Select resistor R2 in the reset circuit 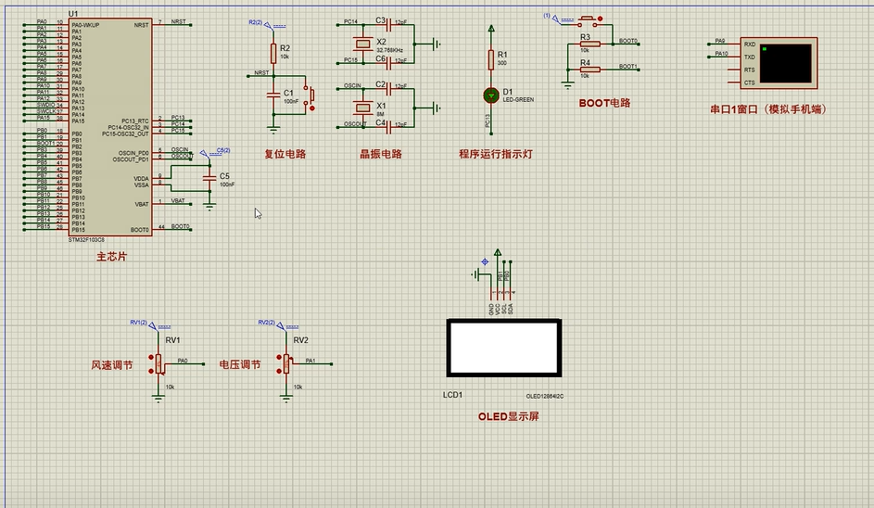coord(273,52)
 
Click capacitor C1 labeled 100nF coord(273,93)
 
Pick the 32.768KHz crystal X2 coord(363,44)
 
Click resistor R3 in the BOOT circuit coord(589,43)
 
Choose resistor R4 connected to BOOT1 coord(589,69)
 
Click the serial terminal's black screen coord(786,62)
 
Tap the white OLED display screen coord(503,348)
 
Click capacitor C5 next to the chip coord(210,175)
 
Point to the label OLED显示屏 coord(508,416)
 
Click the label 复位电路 coord(285,155)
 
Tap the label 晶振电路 coord(381,155)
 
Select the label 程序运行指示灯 coord(495,155)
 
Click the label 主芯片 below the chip coord(111,257)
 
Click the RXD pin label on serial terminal coord(749,44)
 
